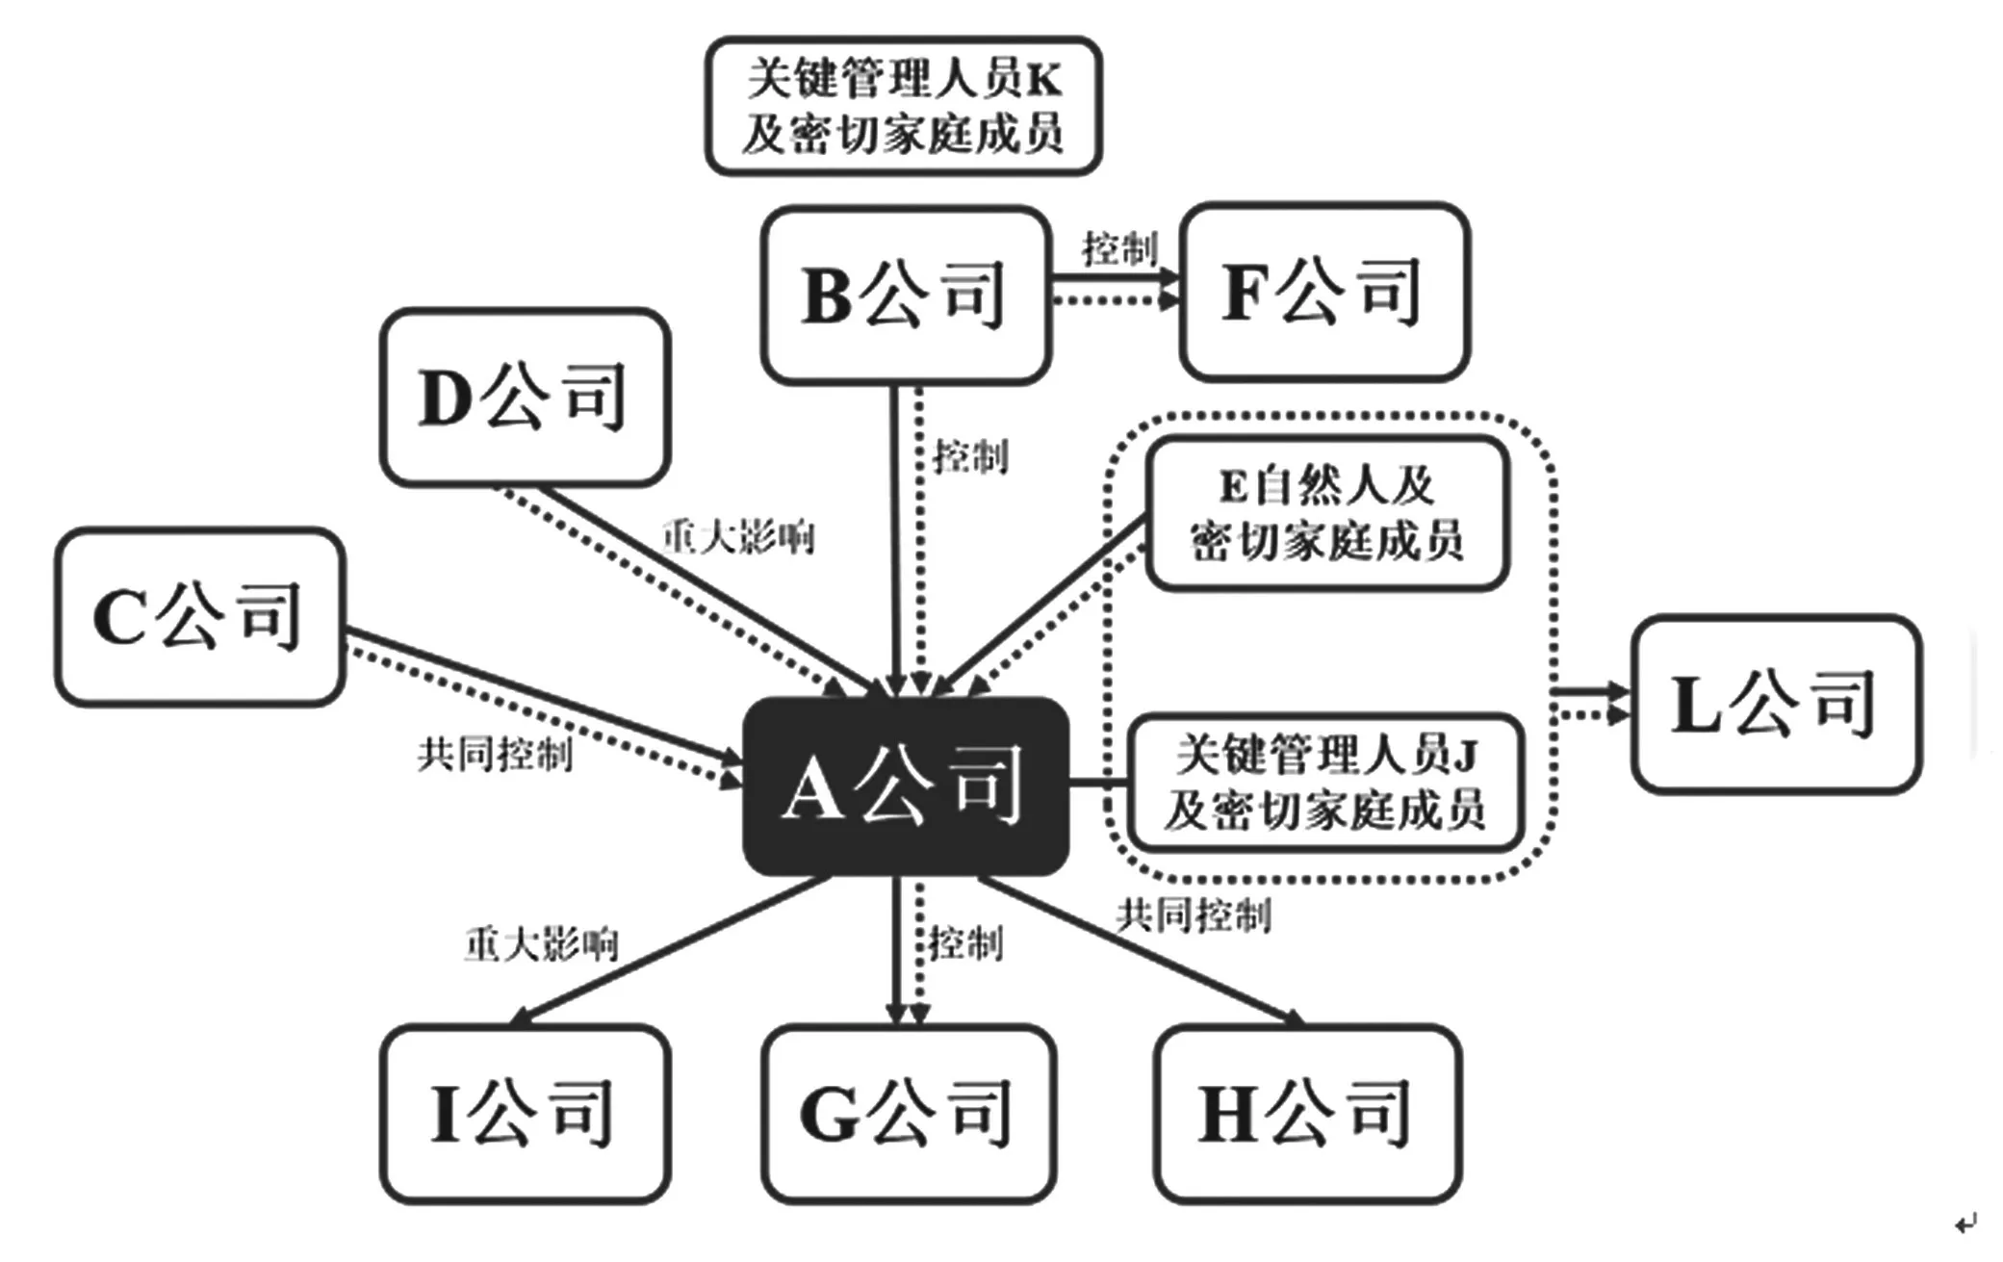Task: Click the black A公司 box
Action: (x=905, y=786)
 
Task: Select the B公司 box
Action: (x=905, y=295)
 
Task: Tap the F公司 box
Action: (x=1324, y=292)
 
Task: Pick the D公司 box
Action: (x=525, y=397)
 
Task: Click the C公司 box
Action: (x=199, y=616)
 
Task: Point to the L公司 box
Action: (x=1776, y=704)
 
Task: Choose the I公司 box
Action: (x=525, y=1114)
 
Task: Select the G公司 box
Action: (x=908, y=1114)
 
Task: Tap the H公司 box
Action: (x=1307, y=1114)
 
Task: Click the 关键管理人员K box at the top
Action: (x=903, y=106)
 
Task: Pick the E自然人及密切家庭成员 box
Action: (x=1325, y=513)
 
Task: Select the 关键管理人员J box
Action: (x=1325, y=782)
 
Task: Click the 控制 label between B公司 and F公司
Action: (x=1118, y=248)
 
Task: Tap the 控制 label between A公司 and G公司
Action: (x=965, y=943)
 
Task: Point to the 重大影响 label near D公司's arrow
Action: (x=738, y=537)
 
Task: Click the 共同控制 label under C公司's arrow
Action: (x=495, y=755)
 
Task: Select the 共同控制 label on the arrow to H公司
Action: (x=1194, y=914)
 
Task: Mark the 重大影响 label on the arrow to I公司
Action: (x=541, y=945)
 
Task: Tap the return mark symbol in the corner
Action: (x=1964, y=1223)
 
